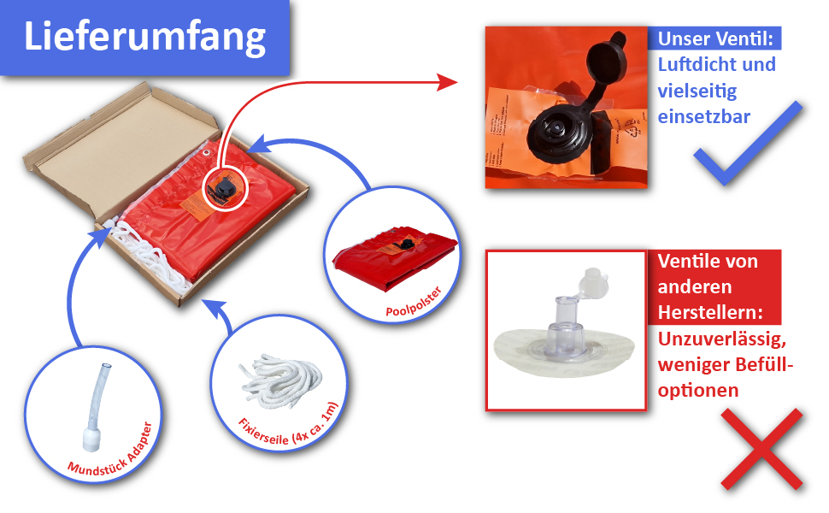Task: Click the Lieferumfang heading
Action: point(144,38)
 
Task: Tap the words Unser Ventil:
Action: point(717,38)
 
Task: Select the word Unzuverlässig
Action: point(720,339)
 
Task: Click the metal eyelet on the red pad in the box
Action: point(208,153)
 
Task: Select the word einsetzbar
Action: point(704,115)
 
